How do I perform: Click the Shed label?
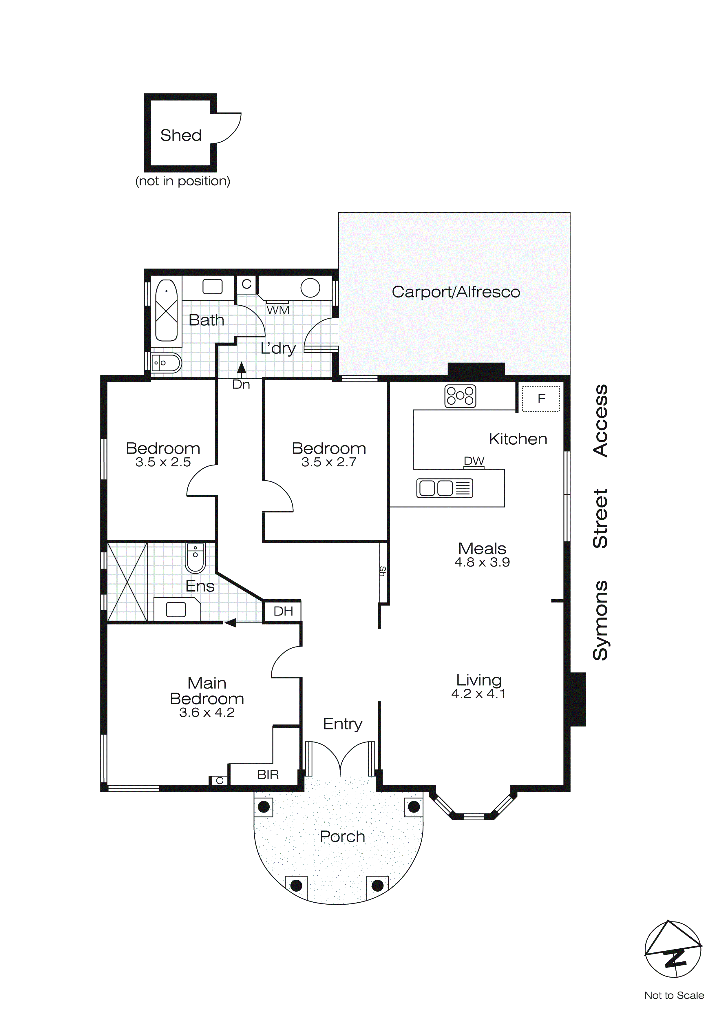click(x=181, y=135)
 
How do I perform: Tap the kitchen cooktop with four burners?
click(x=460, y=396)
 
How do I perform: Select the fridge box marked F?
click(x=541, y=399)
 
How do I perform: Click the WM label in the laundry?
click(x=278, y=310)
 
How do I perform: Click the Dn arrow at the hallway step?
click(x=241, y=368)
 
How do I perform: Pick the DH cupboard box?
click(x=283, y=611)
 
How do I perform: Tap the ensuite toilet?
click(x=195, y=558)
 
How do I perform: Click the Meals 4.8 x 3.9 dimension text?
click(x=482, y=562)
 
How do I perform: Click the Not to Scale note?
click(x=674, y=995)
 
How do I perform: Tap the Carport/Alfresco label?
click(x=456, y=292)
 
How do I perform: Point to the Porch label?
click(x=342, y=836)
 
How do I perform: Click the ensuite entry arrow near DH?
click(x=230, y=623)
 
